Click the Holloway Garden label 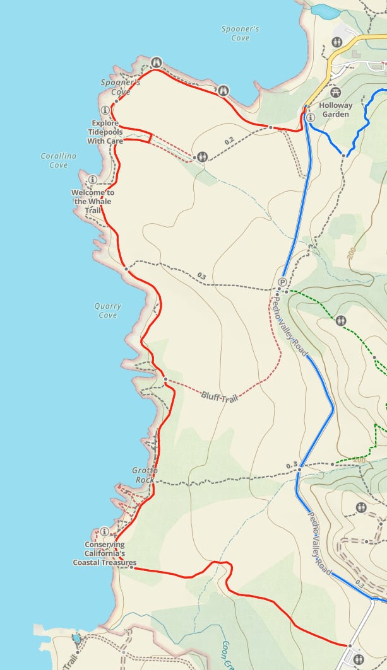[335, 110]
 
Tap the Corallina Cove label [59, 160]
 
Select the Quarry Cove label [108, 310]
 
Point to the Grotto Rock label [145, 475]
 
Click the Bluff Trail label [219, 397]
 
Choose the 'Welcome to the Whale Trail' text [93, 201]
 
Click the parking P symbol [282, 282]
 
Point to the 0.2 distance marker [229, 140]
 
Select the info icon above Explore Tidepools [105, 110]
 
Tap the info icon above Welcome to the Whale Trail [93, 180]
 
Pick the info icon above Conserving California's [105, 532]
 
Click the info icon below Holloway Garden [310, 118]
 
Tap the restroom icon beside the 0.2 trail [201, 156]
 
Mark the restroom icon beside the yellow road [337, 42]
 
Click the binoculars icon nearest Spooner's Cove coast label [156, 62]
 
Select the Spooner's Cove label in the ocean [240, 33]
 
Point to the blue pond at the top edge [326, 10]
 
